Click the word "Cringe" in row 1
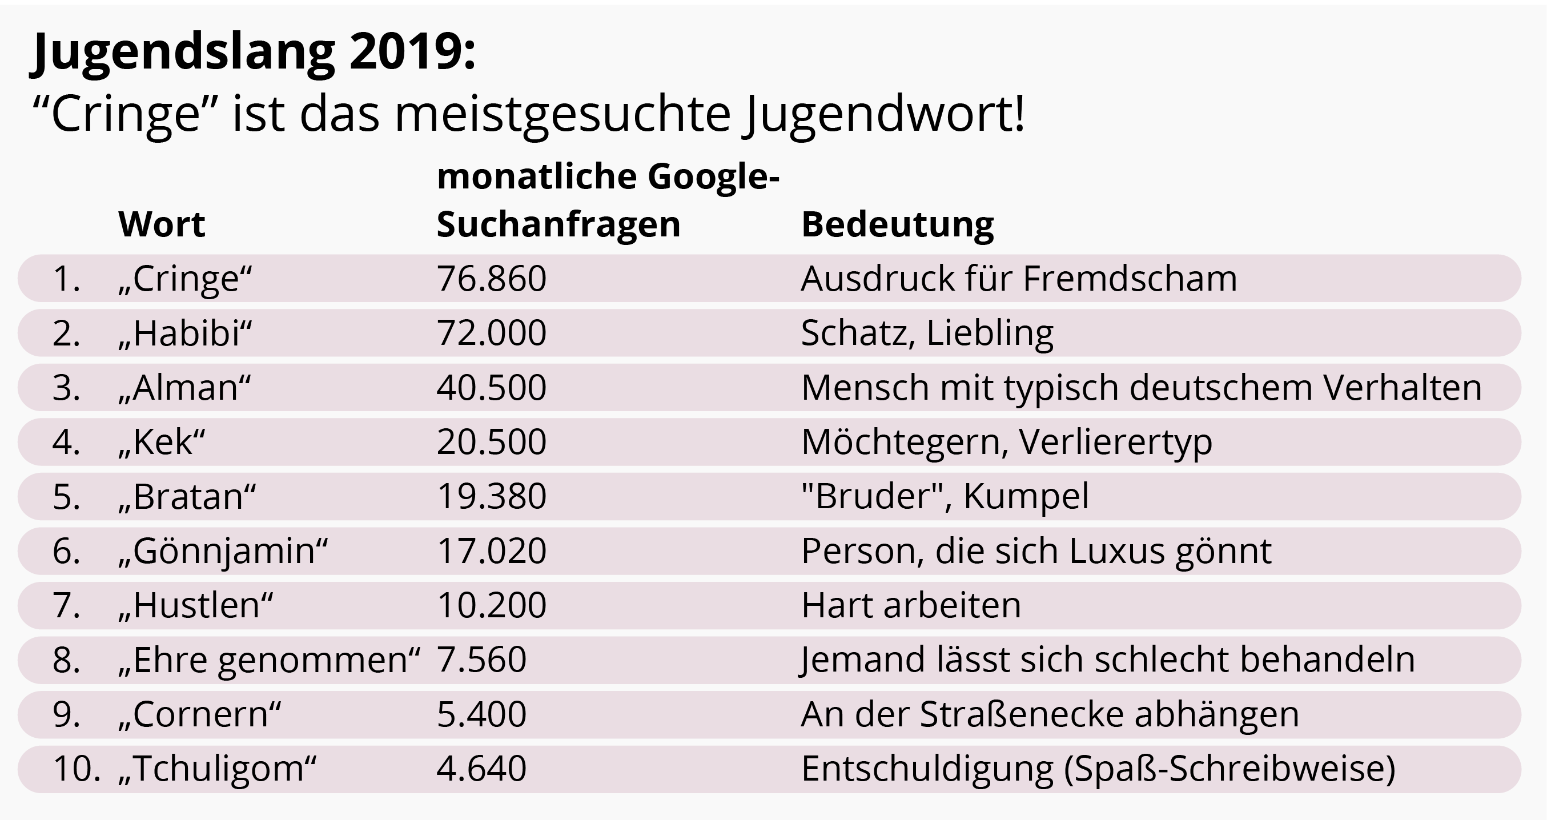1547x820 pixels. point(186,279)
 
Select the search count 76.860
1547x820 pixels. point(491,279)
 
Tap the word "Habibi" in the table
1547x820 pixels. point(186,333)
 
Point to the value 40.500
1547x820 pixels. point(491,388)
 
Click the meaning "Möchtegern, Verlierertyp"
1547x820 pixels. point(1007,442)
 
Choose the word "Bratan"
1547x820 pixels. point(187,497)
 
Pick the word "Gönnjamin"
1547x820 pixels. point(223,552)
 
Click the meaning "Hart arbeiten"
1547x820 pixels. point(911,605)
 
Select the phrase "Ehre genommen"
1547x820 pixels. point(270,660)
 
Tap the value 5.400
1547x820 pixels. point(481,714)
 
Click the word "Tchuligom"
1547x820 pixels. point(218,769)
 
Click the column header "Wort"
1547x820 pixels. point(162,224)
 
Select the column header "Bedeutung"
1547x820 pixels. point(898,224)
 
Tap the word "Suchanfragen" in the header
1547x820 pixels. point(558,224)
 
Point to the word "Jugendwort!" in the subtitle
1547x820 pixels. point(883,114)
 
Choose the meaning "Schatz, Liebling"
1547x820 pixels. point(927,333)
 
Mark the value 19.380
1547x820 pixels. point(491,497)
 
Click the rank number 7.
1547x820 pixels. point(66,605)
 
